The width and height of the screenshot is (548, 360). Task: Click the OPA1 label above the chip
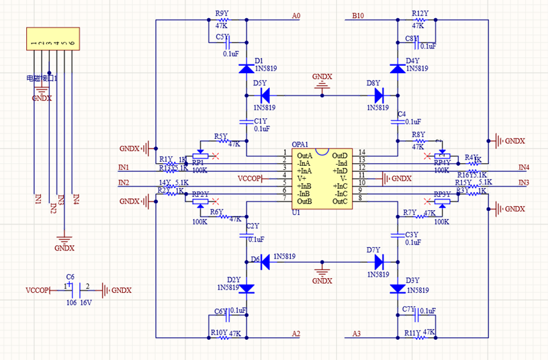tap(300, 144)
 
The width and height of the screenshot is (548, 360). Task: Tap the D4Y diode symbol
tap(396, 68)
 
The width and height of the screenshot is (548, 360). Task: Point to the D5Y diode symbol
tap(265, 94)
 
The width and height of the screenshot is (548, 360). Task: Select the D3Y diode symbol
tap(396, 288)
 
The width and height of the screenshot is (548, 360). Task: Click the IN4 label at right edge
tap(524, 167)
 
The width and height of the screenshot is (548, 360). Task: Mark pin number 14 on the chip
tap(361, 153)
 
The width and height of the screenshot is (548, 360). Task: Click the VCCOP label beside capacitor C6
tap(38, 290)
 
